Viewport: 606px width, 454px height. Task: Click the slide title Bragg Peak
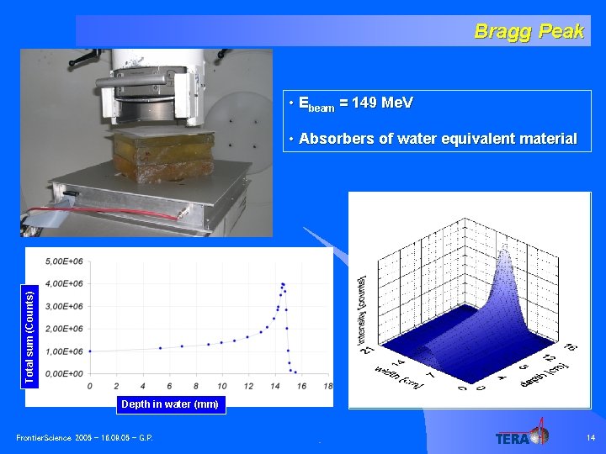click(529, 31)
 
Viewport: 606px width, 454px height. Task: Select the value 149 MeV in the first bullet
click(383, 103)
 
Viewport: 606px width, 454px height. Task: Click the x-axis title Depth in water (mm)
click(169, 404)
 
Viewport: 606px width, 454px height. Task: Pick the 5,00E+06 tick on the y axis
click(64, 261)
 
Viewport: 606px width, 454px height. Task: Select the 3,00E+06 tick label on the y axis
click(64, 306)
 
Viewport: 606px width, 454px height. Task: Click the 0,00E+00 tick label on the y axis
click(64, 374)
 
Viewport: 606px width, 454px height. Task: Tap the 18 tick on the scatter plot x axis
click(327, 386)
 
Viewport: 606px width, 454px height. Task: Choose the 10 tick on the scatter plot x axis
click(221, 386)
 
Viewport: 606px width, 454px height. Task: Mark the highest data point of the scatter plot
click(283, 284)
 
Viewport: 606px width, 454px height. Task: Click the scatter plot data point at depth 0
click(90, 351)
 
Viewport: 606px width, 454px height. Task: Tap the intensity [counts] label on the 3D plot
click(363, 304)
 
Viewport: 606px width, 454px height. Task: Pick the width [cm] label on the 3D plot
click(397, 375)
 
